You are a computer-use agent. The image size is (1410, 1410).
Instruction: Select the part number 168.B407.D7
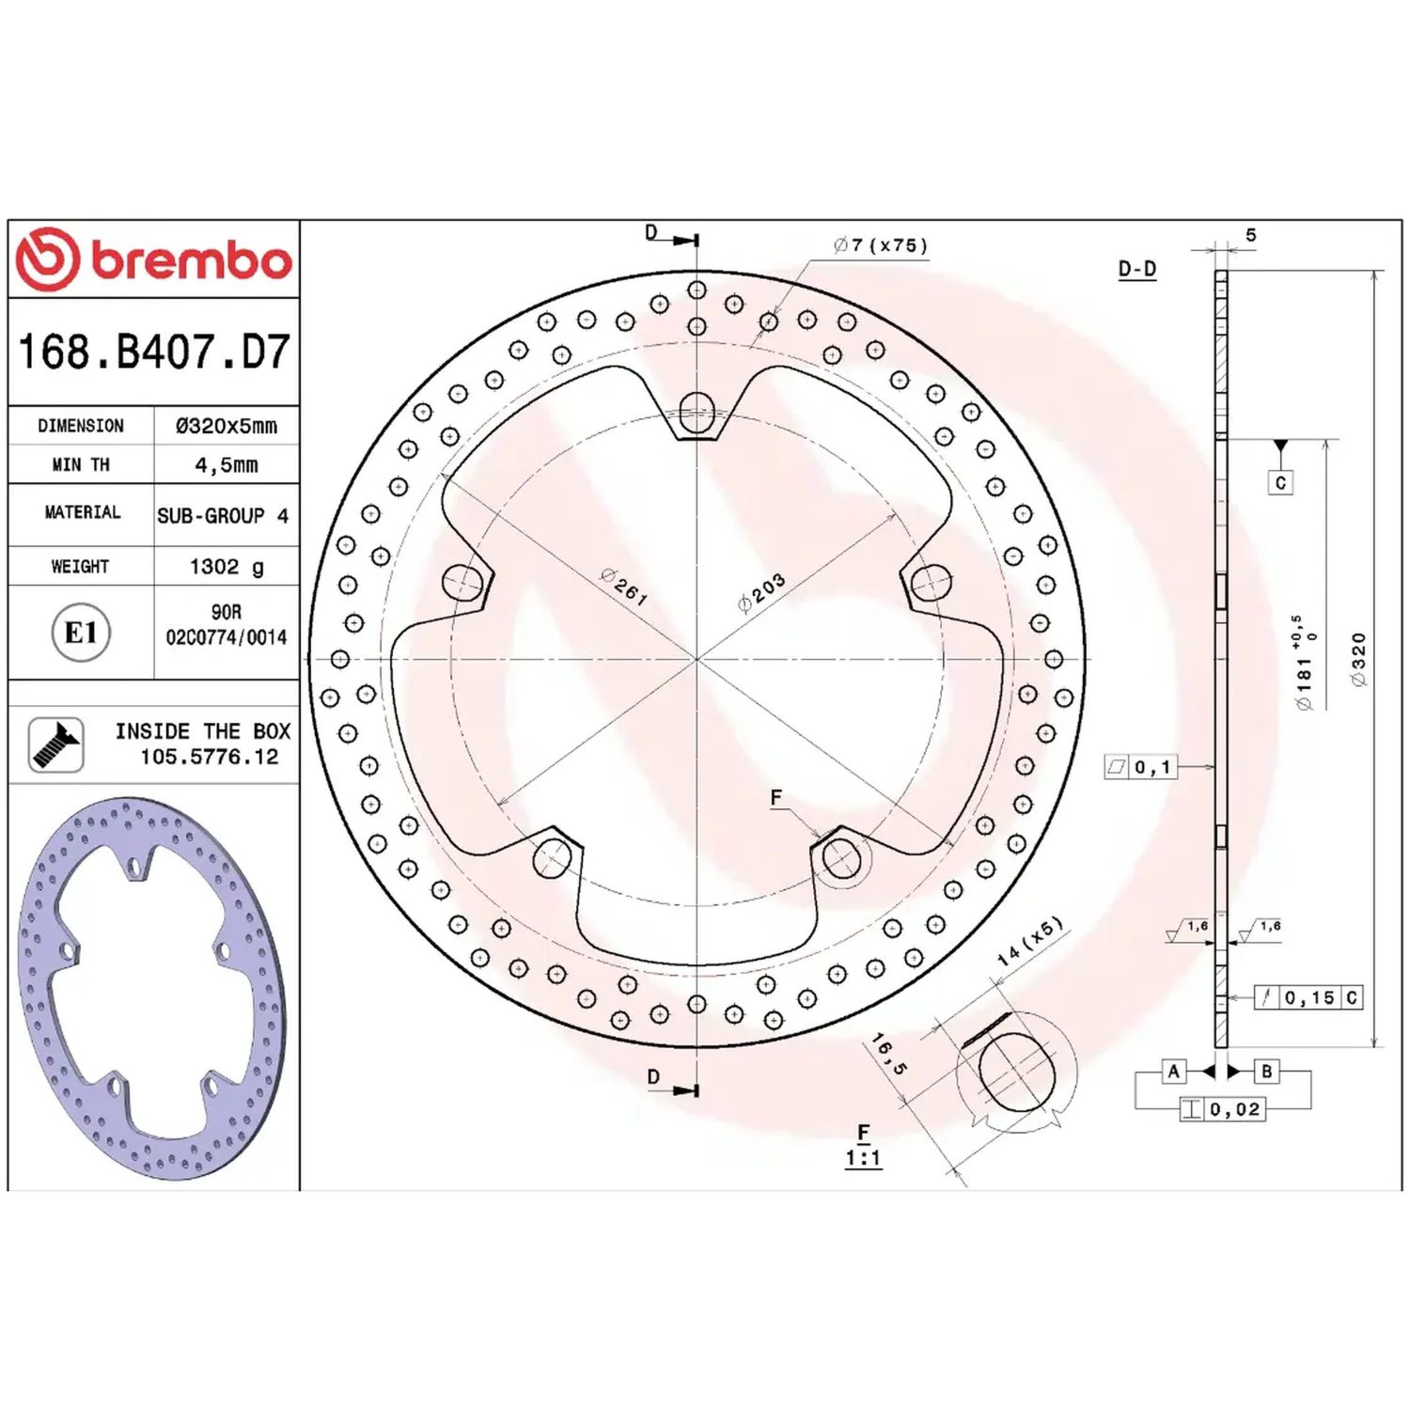154,352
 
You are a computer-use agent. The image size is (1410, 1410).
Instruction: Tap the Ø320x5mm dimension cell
227,426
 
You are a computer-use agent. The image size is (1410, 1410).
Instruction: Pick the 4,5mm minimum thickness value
227,465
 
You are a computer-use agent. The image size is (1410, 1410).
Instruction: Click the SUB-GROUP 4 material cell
223,516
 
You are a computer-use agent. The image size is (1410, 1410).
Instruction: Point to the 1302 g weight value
227,567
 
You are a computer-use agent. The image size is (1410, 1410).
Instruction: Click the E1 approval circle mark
81,633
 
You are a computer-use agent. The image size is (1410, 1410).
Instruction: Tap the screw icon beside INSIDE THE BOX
56,744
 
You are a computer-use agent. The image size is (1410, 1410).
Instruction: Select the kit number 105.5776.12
210,757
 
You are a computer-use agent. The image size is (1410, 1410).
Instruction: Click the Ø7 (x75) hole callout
881,245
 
